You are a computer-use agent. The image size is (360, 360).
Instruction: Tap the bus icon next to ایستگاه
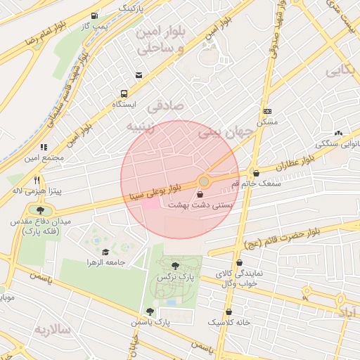point(124,94)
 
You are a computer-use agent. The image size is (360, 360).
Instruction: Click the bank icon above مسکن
point(267,111)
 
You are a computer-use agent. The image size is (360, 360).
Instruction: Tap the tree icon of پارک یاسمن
point(149,311)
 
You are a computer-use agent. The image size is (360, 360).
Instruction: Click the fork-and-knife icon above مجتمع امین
point(44,148)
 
